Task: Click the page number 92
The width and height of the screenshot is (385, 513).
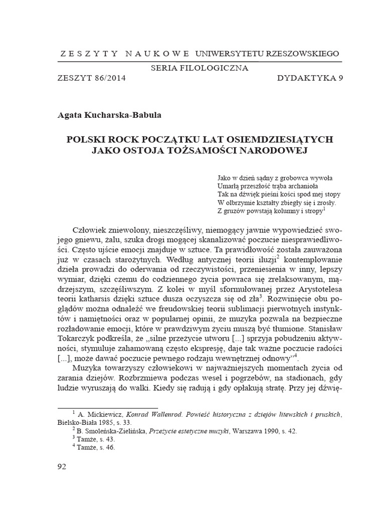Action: (x=62, y=466)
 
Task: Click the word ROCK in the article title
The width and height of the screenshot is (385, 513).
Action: (x=125, y=139)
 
